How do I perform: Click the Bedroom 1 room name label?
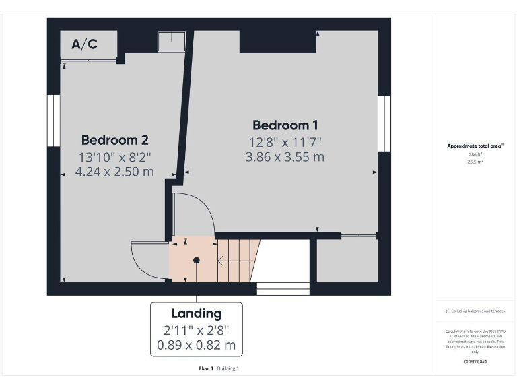[285, 125]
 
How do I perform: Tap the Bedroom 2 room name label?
[114, 140]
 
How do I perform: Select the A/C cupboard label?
[84, 45]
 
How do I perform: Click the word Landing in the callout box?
[196, 313]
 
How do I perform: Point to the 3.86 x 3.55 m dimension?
[285, 157]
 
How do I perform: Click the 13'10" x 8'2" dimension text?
[114, 156]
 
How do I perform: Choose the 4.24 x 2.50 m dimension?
[114, 171]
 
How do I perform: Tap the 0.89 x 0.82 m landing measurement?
[196, 346]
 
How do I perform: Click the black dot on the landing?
[197, 260]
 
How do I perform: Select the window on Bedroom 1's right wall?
[384, 121]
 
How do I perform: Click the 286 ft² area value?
[476, 154]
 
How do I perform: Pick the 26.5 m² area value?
[476, 162]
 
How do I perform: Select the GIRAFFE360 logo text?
[476, 362]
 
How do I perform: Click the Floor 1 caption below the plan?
[206, 368]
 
